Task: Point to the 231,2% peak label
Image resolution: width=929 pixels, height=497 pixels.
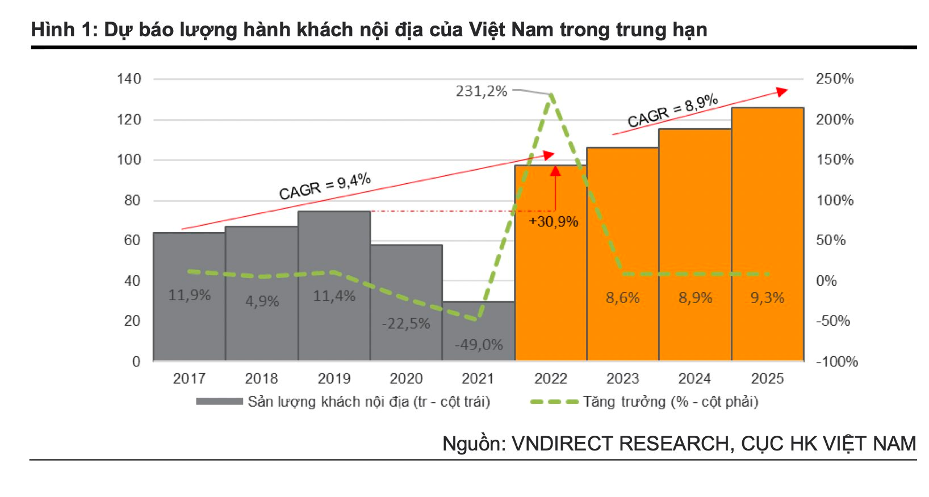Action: (481, 91)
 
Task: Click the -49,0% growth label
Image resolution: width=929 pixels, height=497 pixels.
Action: (479, 344)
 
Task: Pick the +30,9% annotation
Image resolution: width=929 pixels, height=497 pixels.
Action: (553, 221)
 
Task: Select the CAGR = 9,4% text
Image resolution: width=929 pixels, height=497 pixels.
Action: (325, 187)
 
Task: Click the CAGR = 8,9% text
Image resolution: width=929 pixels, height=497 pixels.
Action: (672, 111)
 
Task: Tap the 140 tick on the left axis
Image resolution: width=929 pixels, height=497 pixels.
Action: (129, 79)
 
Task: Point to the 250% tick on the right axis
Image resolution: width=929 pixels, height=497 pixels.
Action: (834, 79)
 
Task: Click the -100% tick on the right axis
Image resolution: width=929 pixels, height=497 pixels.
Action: (836, 361)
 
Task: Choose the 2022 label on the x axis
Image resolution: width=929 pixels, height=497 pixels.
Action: (550, 378)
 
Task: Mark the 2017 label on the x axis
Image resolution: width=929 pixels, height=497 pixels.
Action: (189, 378)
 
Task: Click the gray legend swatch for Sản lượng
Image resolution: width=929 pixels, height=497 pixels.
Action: (219, 402)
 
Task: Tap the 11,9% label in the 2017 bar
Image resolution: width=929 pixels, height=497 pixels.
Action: (189, 295)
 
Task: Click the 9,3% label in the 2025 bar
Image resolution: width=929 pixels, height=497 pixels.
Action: (767, 298)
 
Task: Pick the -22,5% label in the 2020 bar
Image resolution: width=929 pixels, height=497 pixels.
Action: (406, 323)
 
